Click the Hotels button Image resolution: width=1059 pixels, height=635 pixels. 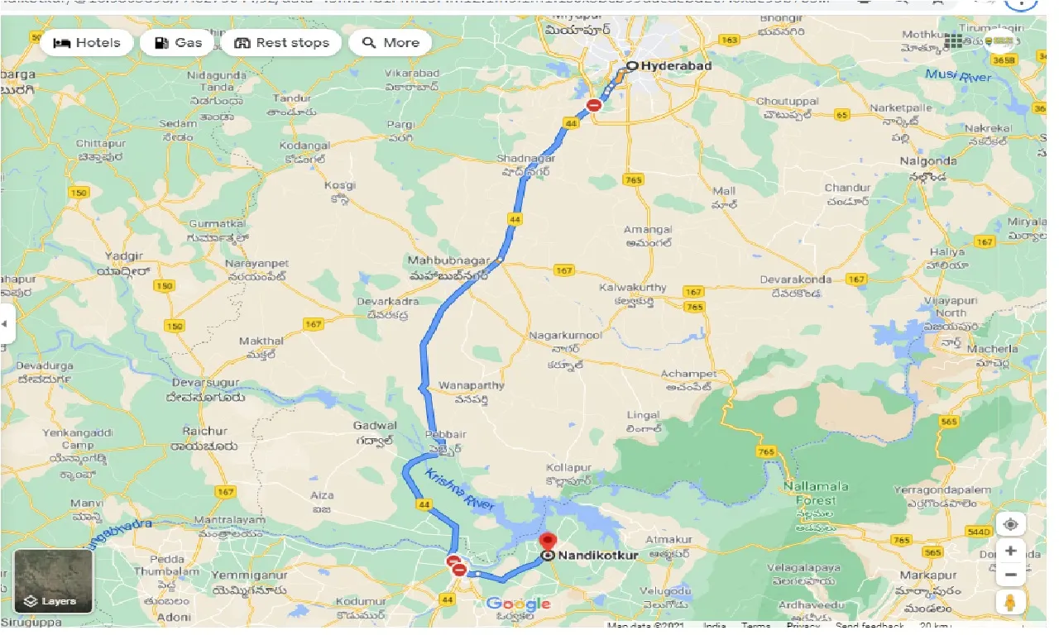click(x=87, y=43)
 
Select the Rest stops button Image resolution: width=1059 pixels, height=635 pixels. click(x=281, y=43)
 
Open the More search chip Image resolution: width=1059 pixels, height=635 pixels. click(x=391, y=43)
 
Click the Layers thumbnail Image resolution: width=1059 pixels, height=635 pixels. click(x=54, y=580)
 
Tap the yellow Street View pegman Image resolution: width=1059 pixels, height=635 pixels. click(x=1011, y=603)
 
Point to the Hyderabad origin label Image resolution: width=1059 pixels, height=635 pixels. click(x=675, y=65)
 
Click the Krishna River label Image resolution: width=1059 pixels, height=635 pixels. click(x=459, y=489)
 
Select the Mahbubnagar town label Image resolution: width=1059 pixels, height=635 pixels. click(x=448, y=260)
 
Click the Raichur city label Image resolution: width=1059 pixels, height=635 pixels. click(x=205, y=431)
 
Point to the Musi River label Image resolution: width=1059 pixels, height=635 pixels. click(x=957, y=76)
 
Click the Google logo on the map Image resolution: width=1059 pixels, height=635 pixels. click(x=518, y=604)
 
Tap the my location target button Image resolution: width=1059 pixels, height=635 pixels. click(x=1011, y=523)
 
